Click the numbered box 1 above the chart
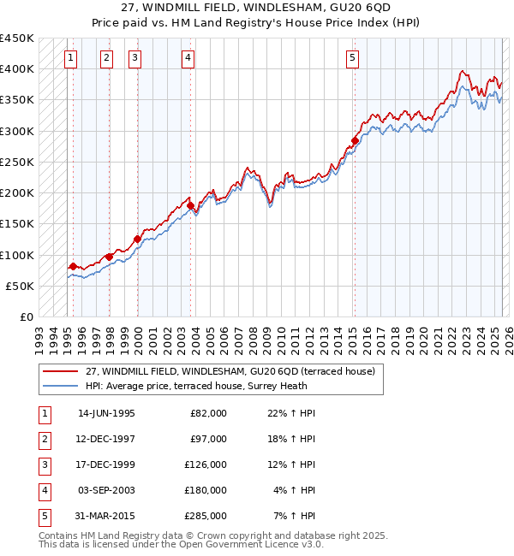pyautogui.click(x=69, y=58)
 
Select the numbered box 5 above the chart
pyautogui.click(x=353, y=58)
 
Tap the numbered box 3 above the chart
pyautogui.click(x=135, y=58)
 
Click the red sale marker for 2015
pyautogui.click(x=355, y=141)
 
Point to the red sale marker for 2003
pyautogui.click(x=190, y=205)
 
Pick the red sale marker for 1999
pyautogui.click(x=137, y=239)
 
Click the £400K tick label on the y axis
pyautogui.click(x=17, y=69)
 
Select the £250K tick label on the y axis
pyautogui.click(x=17, y=162)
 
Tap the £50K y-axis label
pyautogui.click(x=21, y=286)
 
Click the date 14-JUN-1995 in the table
pyautogui.click(x=106, y=413)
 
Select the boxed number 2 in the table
pyautogui.click(x=43, y=439)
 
